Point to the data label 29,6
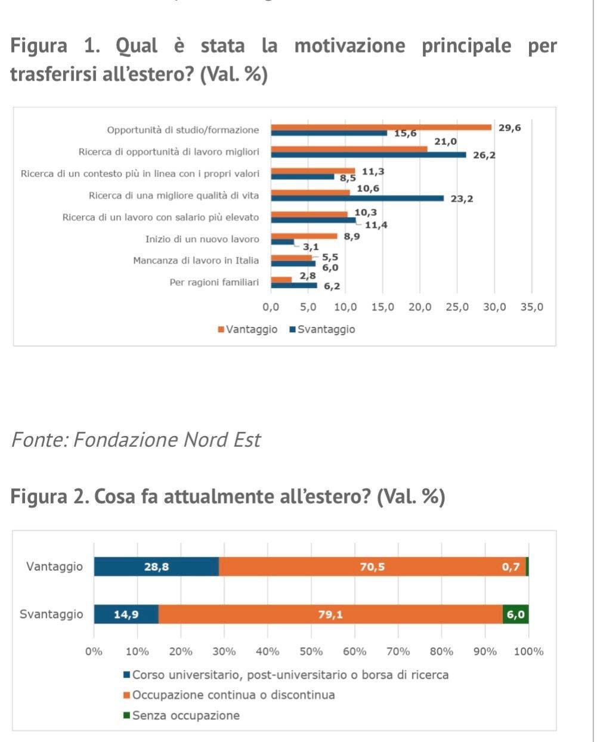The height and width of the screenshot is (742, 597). tap(509, 127)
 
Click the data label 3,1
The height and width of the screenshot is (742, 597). tap(311, 246)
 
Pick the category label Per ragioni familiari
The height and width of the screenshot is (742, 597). tap(214, 282)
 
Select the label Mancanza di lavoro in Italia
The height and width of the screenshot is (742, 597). tap(196, 261)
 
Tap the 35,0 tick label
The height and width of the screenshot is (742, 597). tap(531, 307)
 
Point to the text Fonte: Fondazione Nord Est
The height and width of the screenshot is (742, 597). tap(136, 440)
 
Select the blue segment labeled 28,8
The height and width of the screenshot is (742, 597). tap(156, 567)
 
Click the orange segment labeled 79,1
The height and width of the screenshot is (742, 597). tap(330, 614)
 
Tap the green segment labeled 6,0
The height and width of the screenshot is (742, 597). tap(515, 614)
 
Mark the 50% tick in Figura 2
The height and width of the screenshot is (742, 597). tap(311, 651)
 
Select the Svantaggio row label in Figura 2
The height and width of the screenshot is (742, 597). tap(51, 614)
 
